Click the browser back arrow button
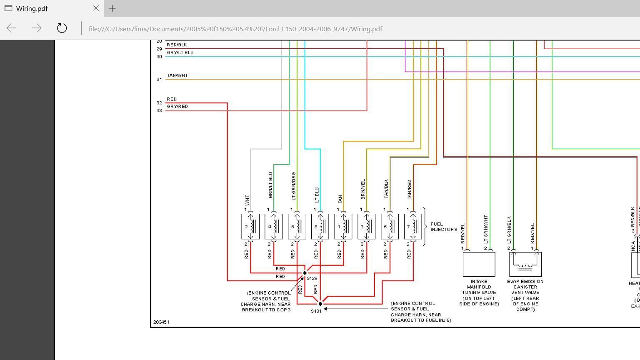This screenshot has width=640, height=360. point(12,28)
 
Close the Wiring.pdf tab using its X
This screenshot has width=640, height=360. point(96,8)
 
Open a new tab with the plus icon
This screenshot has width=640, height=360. point(112,8)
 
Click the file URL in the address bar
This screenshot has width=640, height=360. point(235,29)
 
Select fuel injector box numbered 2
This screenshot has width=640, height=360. point(250,227)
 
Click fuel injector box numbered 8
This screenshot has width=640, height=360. point(320,227)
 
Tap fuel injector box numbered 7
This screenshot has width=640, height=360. point(413,227)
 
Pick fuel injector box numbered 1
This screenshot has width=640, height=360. point(343,227)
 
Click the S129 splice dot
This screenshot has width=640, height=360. point(305,273)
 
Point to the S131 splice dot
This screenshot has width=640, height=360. point(320,304)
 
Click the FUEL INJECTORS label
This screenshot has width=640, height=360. point(443,227)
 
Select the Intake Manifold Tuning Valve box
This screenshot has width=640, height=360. point(479,264)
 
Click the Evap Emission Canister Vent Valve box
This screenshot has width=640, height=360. point(525,264)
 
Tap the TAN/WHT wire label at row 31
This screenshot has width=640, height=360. point(177,75)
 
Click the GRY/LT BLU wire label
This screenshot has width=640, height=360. point(180,52)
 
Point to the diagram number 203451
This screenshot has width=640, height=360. point(161,322)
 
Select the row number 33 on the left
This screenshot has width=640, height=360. point(159,110)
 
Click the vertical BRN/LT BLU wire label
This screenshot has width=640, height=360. point(270,185)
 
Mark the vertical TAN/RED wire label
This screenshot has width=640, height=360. point(409,189)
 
